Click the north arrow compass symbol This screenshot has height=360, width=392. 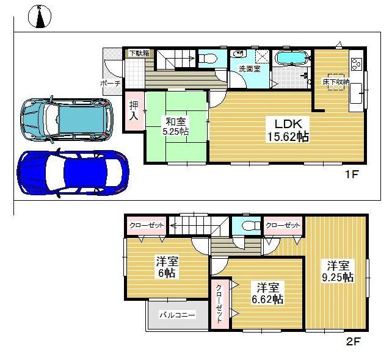pyautogui.click(x=40, y=16)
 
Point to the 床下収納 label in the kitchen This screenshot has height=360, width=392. pyautogui.click(x=336, y=81)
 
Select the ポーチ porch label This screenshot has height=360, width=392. pyautogui.click(x=111, y=84)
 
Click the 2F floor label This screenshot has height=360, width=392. pyautogui.click(x=354, y=342)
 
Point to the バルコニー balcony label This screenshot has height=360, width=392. pyautogui.click(x=177, y=315)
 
